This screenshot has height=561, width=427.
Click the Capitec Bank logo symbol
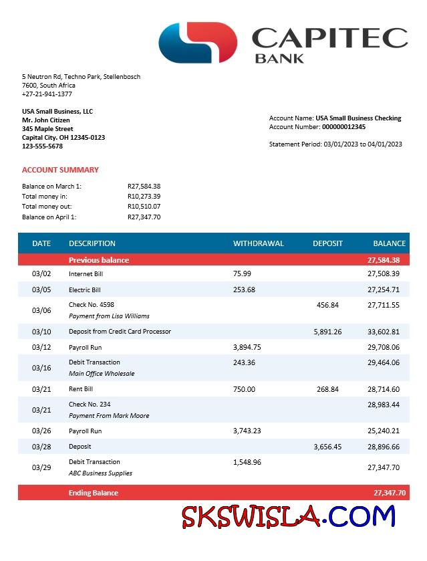[x=198, y=42]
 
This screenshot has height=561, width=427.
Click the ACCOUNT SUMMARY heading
[x=60, y=170]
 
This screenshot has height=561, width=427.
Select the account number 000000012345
[x=343, y=127]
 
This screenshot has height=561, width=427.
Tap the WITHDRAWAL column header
[x=258, y=243]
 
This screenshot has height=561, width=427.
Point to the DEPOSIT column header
[x=327, y=243]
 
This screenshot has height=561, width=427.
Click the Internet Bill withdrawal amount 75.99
[x=242, y=273]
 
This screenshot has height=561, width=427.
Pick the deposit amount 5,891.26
[x=327, y=332]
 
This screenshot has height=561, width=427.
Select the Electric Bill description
[x=84, y=290]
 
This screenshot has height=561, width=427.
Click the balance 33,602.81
[x=384, y=332]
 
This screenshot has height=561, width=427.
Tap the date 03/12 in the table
[x=41, y=347]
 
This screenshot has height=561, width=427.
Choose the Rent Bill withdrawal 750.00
[x=244, y=389]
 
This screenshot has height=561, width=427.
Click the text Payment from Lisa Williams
[x=109, y=316]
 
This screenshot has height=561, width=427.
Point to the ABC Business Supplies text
[x=100, y=473]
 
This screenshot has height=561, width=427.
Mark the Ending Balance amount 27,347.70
[x=389, y=493]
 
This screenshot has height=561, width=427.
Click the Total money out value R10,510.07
[x=144, y=207]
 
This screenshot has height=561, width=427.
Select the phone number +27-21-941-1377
[x=47, y=94]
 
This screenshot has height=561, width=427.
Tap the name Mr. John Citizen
[x=45, y=120]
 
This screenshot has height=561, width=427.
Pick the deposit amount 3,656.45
[x=327, y=447]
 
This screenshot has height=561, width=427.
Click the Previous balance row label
[x=99, y=260]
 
